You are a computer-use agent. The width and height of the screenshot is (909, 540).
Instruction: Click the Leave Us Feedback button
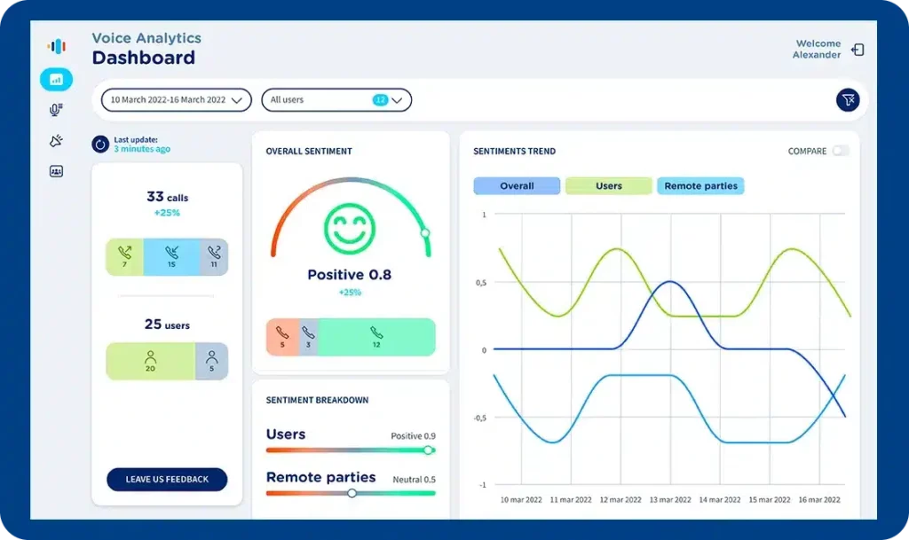[x=167, y=480]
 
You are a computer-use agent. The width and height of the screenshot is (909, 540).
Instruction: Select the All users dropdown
[x=336, y=100]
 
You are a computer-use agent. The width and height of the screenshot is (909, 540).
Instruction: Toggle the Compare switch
[x=840, y=151]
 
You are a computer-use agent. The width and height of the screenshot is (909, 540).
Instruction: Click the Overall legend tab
[x=517, y=186]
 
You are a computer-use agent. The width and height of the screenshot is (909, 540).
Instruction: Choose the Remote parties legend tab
[x=700, y=186]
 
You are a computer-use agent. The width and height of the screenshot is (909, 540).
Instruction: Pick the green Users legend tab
[x=608, y=186]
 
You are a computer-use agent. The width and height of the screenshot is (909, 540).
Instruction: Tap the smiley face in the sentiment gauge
[x=350, y=228]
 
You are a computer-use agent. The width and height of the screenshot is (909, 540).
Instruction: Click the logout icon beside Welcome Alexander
[x=858, y=50]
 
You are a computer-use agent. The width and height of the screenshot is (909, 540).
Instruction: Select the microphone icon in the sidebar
[x=56, y=110]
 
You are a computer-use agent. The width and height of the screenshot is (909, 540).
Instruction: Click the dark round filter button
[x=848, y=100]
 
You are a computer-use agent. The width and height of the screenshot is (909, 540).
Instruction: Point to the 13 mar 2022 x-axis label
[x=671, y=500]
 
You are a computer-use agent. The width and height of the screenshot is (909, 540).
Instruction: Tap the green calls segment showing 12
[x=376, y=337]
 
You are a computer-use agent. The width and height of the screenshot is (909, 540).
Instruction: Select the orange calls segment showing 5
[x=282, y=337]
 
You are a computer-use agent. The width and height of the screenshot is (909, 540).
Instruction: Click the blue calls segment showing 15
[x=171, y=257]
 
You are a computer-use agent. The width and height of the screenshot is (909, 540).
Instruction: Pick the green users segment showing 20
[x=150, y=361]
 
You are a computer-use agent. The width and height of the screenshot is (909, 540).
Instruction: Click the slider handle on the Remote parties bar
[x=352, y=493]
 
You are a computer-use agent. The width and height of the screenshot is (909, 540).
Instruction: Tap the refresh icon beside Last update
[x=100, y=144]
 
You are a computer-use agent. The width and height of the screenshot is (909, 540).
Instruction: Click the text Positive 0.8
[x=349, y=275]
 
